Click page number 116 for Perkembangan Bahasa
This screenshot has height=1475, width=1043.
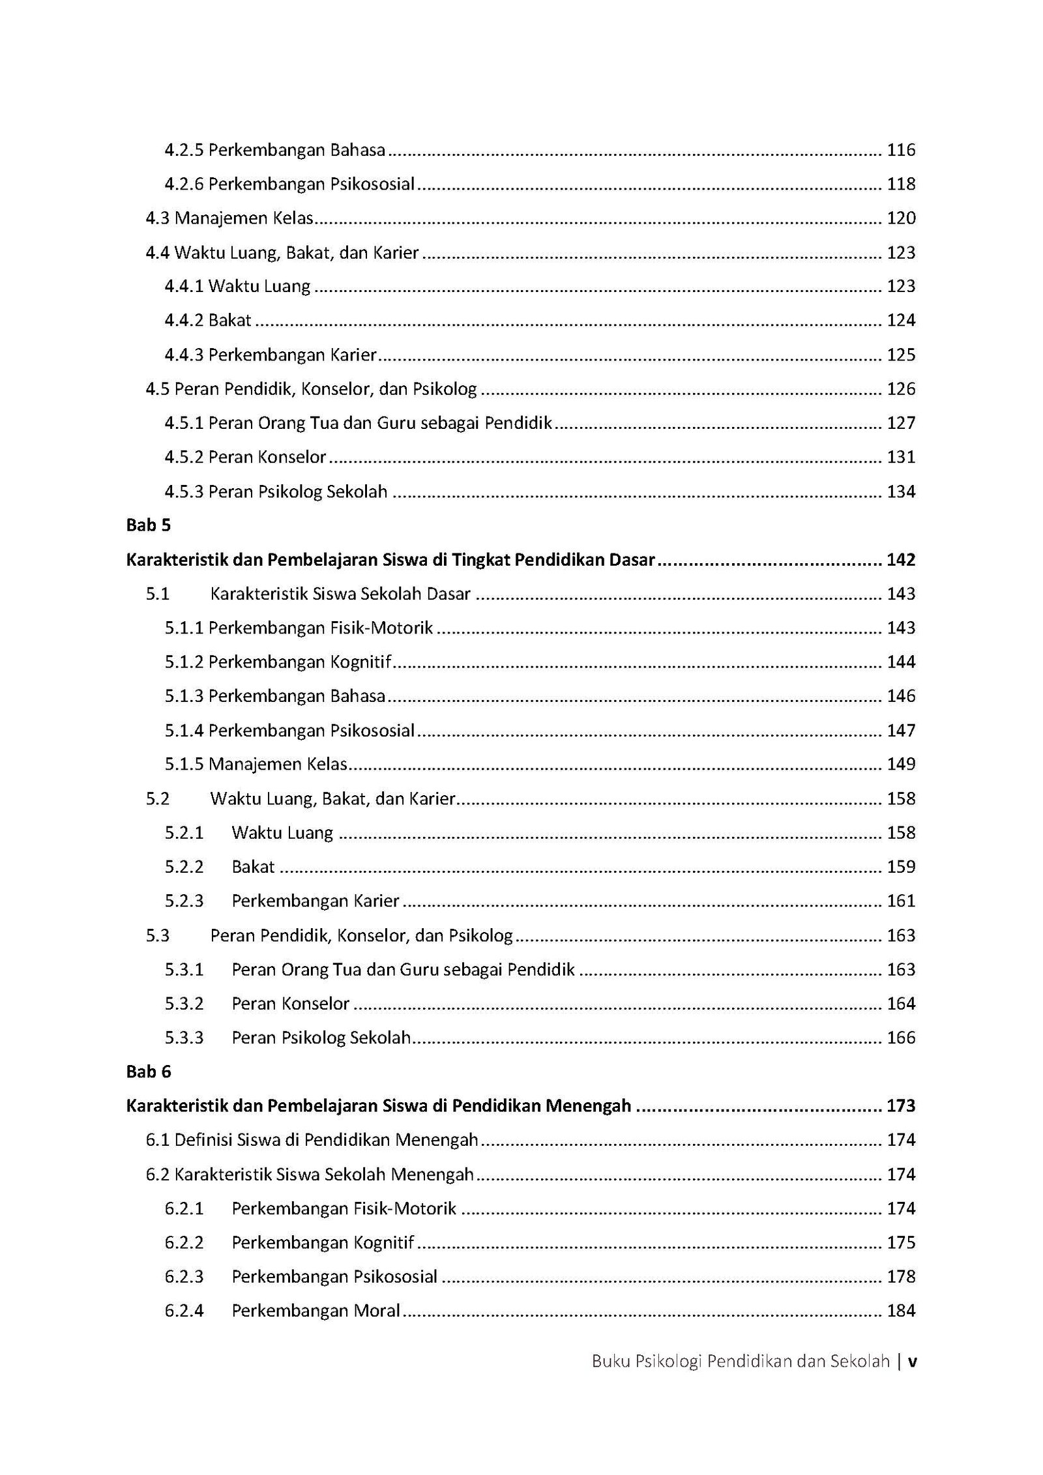pos(901,151)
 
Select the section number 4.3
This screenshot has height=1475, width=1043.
pos(158,218)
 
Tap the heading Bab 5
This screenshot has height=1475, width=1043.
pos(149,525)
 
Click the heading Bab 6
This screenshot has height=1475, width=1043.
pos(149,1072)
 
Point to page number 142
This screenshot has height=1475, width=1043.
pos(901,560)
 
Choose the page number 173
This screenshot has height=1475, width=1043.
pos(901,1106)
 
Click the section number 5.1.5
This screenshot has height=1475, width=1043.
pos(184,765)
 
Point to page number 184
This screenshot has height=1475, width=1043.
pos(901,1311)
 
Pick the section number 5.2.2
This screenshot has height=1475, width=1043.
pos(184,867)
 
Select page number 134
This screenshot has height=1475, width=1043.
pos(901,491)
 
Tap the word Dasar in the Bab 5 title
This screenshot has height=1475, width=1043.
pos(632,560)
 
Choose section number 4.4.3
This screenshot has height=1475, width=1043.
pos(184,355)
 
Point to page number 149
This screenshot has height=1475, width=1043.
pos(901,765)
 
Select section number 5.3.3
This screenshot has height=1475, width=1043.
pos(184,1038)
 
